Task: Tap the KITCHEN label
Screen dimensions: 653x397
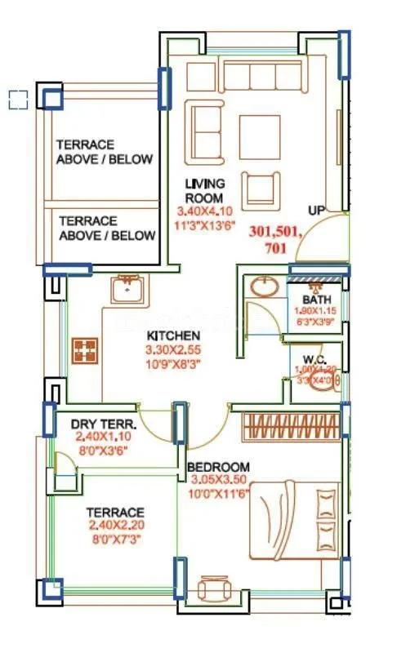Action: (172, 335)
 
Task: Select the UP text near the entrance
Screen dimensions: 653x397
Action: (317, 211)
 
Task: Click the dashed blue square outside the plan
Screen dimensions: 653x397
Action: (18, 100)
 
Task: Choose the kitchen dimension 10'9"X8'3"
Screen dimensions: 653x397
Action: (172, 363)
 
